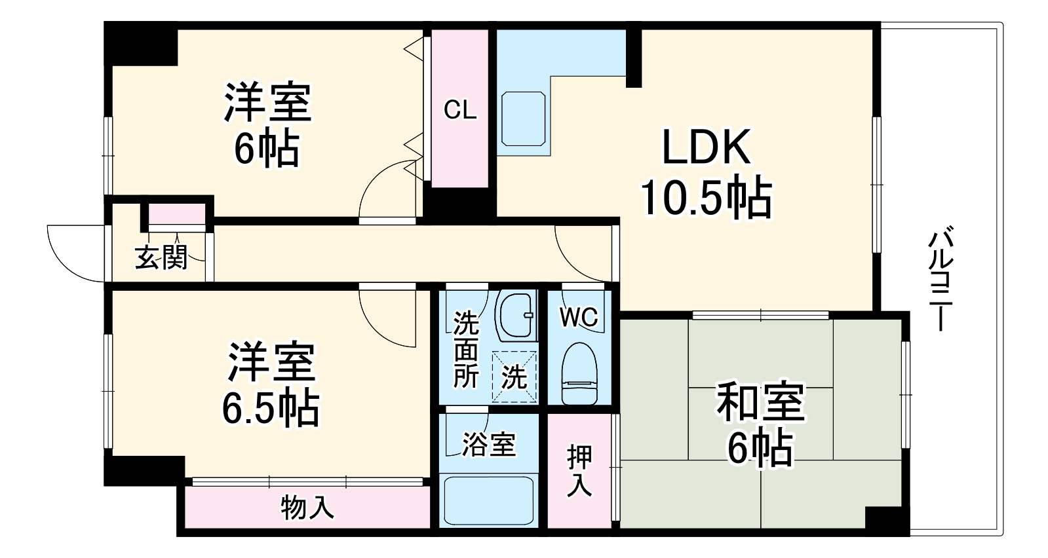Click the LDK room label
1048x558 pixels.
coord(705,147)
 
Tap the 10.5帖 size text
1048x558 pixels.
coord(705,196)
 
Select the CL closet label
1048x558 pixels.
coord(460,110)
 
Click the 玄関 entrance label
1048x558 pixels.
coord(161,257)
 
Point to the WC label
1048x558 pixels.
coord(579,317)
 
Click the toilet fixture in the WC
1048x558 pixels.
coord(580,375)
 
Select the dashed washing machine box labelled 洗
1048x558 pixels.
coord(514,377)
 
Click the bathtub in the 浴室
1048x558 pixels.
coord(488,502)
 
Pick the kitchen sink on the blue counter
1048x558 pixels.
coord(524,119)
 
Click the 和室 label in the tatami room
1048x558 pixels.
coord(760,403)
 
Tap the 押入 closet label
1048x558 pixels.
coord(579,470)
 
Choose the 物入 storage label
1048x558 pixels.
coord(307,507)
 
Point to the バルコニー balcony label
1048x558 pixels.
coord(942,278)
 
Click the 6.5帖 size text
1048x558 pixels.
coord(271,409)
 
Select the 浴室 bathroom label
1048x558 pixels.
coord(488,445)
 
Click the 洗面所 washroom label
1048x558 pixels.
coord(466,349)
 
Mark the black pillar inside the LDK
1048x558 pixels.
coord(633,58)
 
